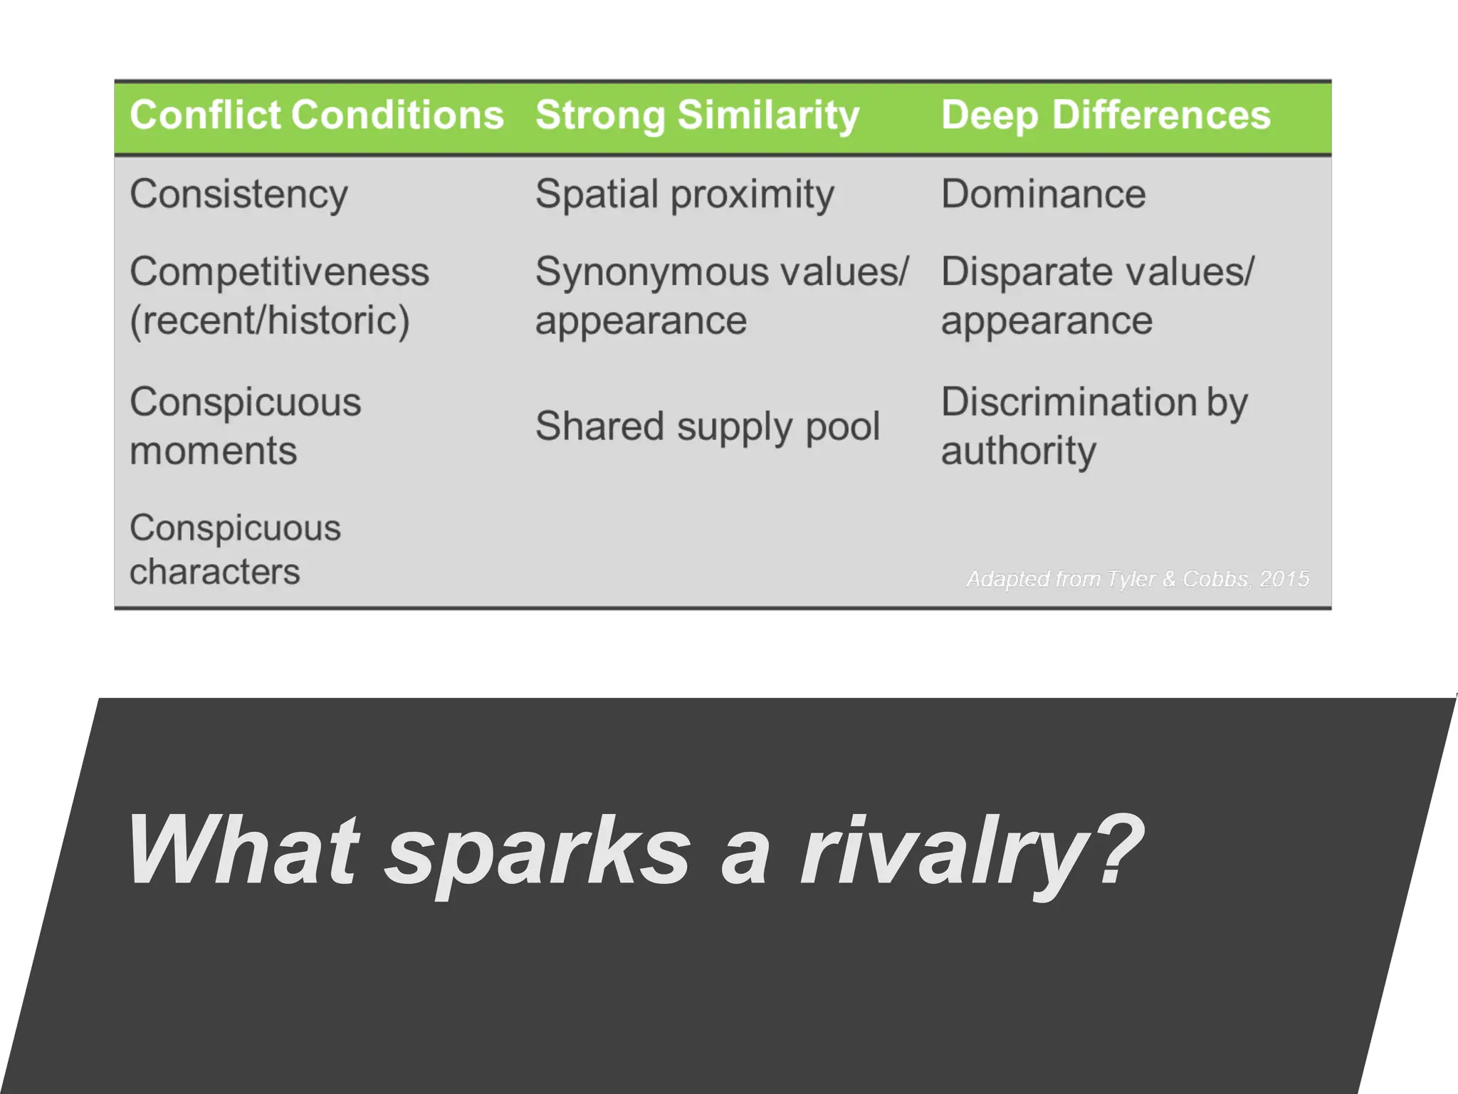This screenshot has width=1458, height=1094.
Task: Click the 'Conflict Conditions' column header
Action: (316, 115)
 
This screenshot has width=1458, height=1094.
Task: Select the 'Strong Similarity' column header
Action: (697, 115)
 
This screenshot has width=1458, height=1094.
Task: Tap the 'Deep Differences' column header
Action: (1105, 115)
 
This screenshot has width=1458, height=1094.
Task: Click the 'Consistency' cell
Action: (238, 194)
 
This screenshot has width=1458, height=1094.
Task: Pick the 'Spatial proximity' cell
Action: (684, 194)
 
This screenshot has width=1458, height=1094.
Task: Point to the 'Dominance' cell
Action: (1043, 194)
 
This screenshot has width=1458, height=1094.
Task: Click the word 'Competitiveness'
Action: (279, 272)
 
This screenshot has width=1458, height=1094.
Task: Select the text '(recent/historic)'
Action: (270, 321)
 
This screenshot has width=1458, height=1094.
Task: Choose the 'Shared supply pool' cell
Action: (708, 426)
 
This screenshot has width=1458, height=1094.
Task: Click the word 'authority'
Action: (1018, 451)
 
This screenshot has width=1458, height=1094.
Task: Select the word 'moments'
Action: (213, 451)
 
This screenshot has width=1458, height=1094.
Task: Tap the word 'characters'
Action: (214, 572)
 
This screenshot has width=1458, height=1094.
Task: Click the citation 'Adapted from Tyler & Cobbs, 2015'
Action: (1137, 579)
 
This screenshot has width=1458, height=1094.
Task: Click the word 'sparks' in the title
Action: (537, 851)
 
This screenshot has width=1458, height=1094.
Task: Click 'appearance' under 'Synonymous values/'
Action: (641, 321)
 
